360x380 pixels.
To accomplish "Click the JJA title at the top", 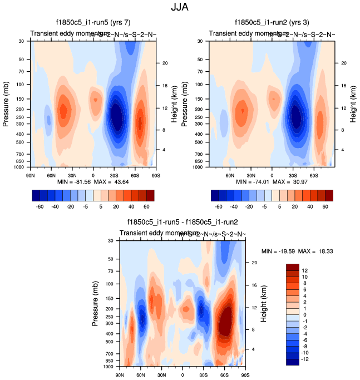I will pyautogui.click(x=180, y=8).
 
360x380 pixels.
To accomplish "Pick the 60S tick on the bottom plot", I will pyautogui.click(x=224, y=374).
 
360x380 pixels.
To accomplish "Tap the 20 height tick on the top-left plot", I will pyautogui.click(x=165, y=63).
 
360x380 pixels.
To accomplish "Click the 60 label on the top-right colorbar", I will pyautogui.click(x=324, y=205).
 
